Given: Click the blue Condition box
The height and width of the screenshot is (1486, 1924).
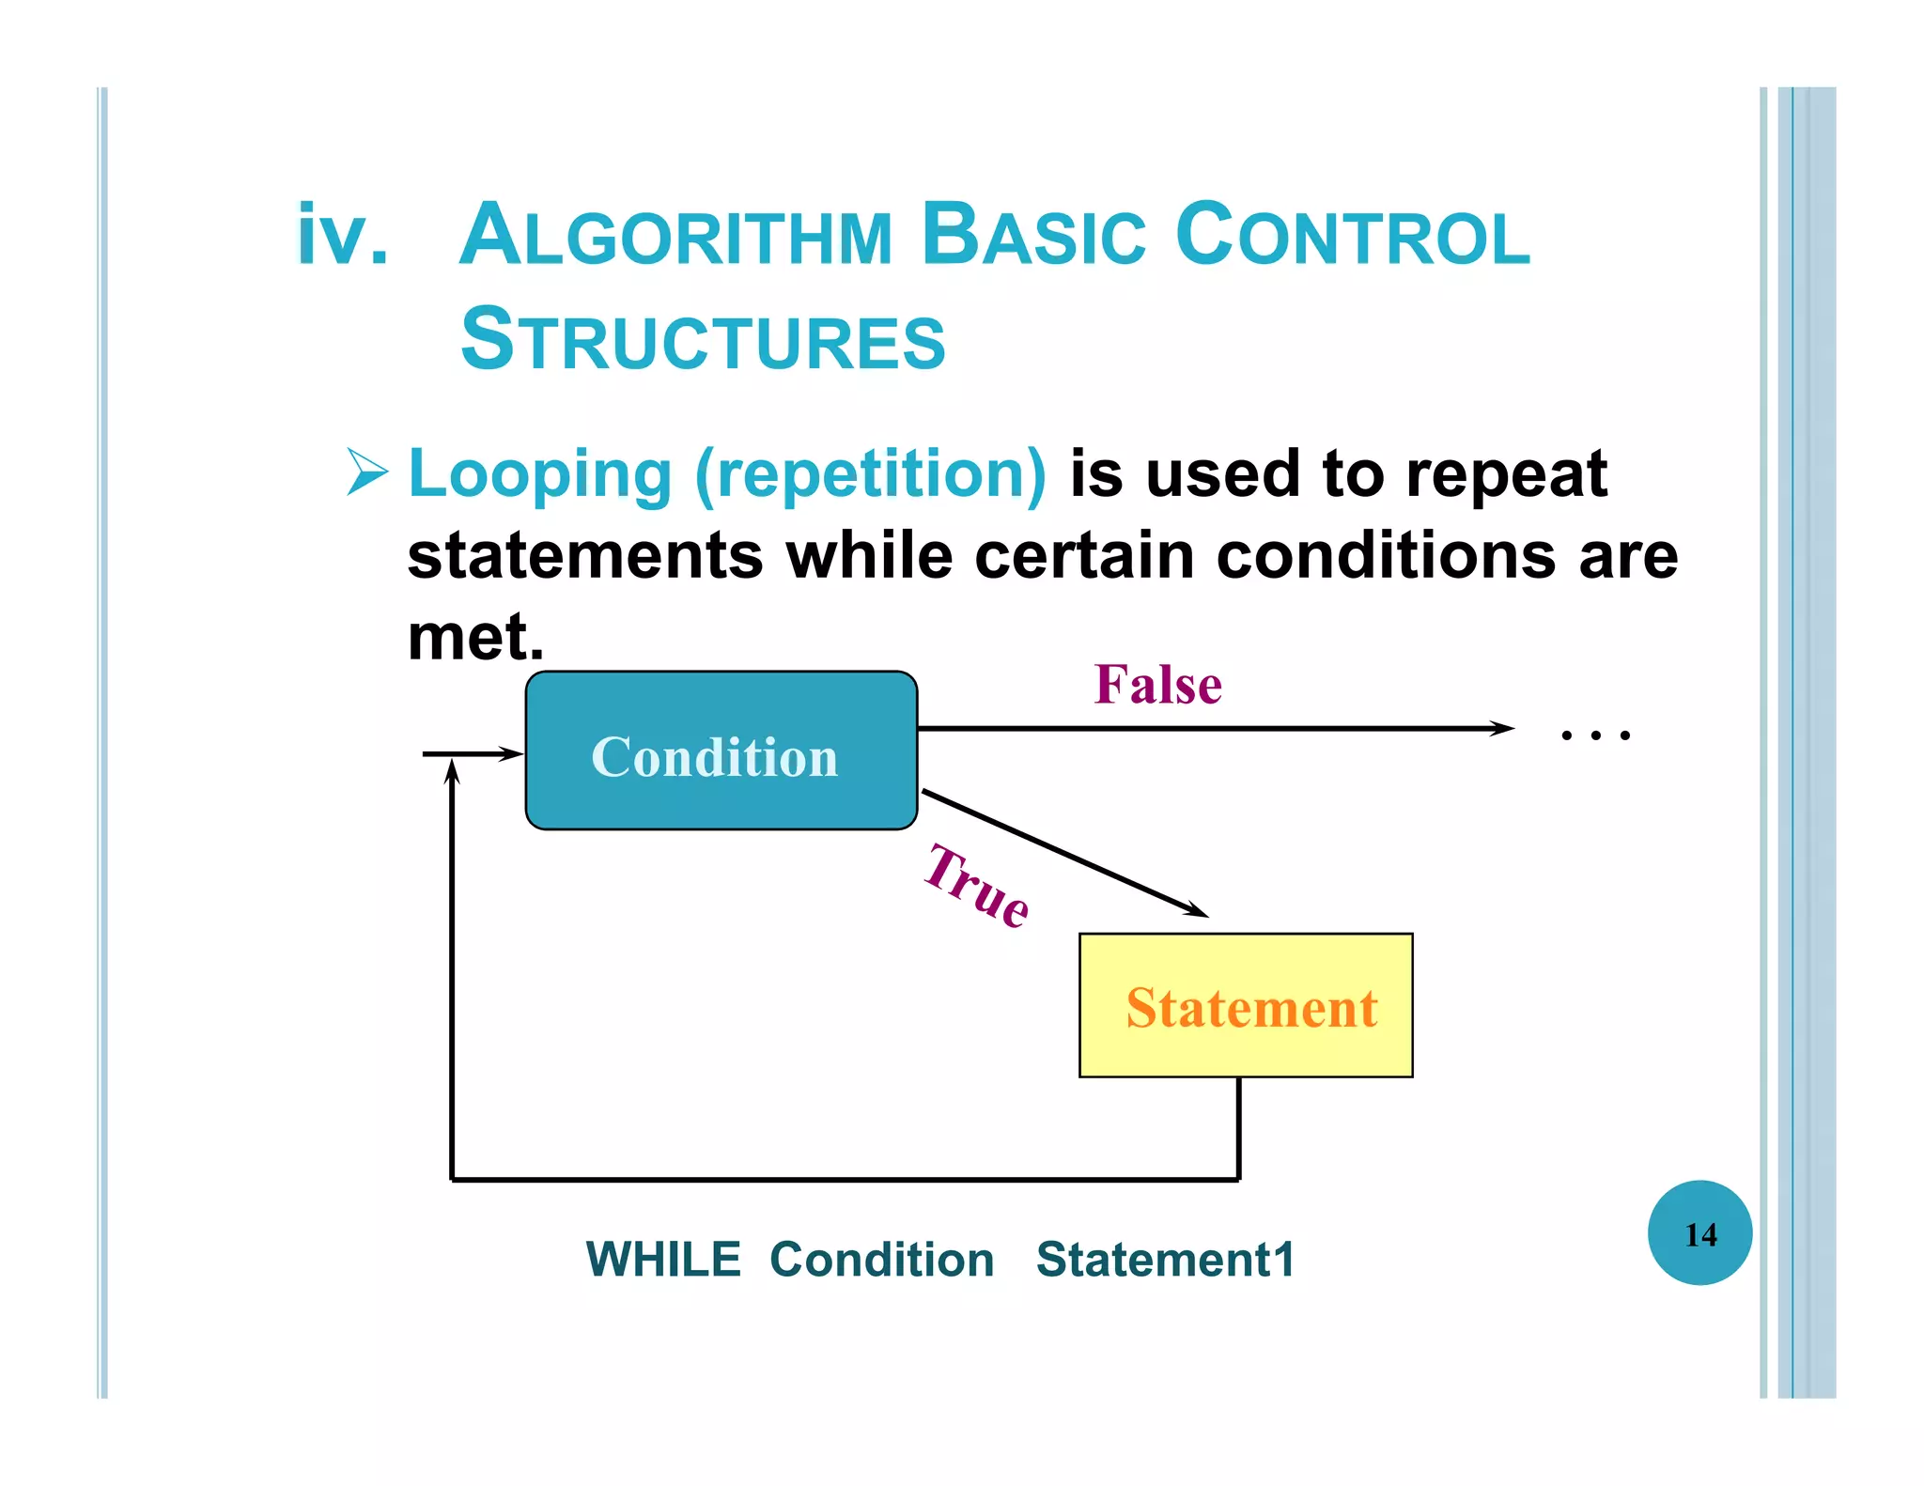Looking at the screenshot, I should click(721, 751).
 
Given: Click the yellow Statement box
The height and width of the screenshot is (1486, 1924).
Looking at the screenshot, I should click(1246, 1005).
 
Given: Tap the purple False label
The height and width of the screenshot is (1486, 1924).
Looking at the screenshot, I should click(1157, 685).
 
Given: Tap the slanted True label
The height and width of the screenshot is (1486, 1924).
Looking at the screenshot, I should click(977, 886).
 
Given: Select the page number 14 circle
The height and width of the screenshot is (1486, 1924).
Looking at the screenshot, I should click(1699, 1233).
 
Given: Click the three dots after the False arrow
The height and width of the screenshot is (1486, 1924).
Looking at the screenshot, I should click(1594, 735).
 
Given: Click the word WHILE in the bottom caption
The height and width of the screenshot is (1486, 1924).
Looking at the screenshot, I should click(663, 1260).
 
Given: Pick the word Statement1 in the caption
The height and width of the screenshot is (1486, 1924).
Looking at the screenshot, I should click(1166, 1260).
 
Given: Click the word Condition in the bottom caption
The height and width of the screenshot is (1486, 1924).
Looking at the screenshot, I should click(881, 1260).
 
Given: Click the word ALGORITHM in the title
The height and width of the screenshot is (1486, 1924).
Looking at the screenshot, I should click(675, 235).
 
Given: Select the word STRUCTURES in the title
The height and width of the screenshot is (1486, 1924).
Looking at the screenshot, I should click(703, 340).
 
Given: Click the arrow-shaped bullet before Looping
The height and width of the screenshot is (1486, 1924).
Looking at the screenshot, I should click(366, 472).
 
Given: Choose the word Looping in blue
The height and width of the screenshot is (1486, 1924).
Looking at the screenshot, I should click(540, 474).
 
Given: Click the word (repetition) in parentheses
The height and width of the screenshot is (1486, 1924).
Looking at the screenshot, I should click(870, 474).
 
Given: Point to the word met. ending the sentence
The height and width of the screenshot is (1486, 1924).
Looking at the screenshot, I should click(475, 637).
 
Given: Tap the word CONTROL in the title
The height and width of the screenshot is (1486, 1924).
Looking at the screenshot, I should click(1352, 235).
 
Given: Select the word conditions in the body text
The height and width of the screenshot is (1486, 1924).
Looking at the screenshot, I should click(1386, 556).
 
